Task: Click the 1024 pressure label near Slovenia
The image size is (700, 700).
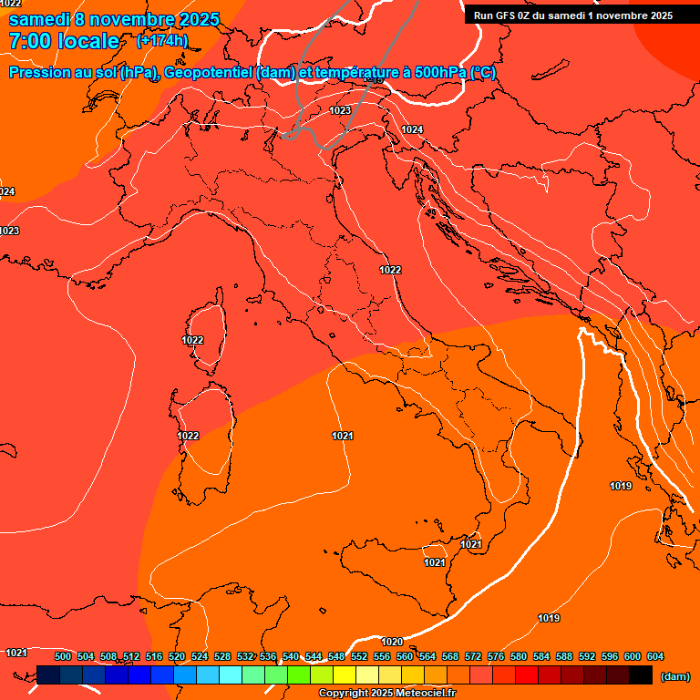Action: (x=412, y=129)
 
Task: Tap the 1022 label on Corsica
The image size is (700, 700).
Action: (x=192, y=340)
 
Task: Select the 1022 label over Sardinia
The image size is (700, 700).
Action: (x=188, y=436)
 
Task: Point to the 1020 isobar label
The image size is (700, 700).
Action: (x=392, y=642)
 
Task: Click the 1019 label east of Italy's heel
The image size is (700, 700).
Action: (x=621, y=486)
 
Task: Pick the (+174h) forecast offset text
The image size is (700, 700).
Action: (x=161, y=41)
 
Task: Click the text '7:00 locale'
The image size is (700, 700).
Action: (x=64, y=41)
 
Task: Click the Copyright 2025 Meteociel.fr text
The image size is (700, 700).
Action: (x=386, y=694)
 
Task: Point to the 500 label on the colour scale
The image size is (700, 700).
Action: (x=63, y=656)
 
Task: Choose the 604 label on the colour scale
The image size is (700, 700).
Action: (x=654, y=656)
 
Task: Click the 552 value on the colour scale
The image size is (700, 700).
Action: (x=359, y=656)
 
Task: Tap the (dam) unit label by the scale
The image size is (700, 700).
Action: (x=674, y=676)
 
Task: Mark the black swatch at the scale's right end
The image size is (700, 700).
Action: (x=641, y=674)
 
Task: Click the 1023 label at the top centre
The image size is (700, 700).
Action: (x=340, y=110)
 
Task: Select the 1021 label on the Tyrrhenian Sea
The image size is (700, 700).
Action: (x=342, y=437)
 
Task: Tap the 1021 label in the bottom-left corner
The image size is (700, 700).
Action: (x=15, y=653)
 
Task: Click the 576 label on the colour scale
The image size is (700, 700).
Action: (x=496, y=656)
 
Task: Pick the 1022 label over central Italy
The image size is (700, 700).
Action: (x=390, y=270)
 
